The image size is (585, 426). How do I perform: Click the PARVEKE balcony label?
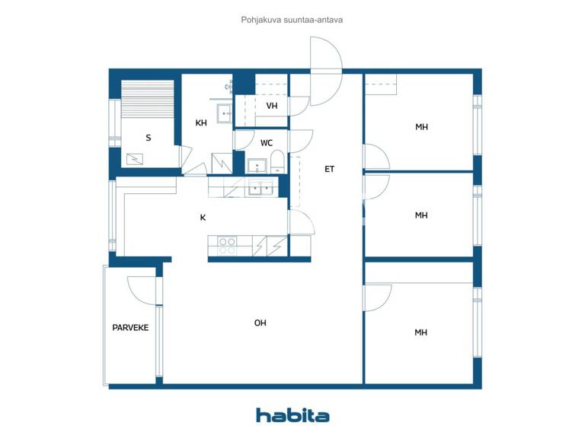pos(130,328)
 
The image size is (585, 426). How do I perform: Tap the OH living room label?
pos(260,323)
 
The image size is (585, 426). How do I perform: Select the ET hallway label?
pos(329,170)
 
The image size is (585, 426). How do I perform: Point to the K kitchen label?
pos(203,218)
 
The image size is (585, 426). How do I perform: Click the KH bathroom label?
pos(201,123)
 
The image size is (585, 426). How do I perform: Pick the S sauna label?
pos(148,138)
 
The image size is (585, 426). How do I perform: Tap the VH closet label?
pos(271,106)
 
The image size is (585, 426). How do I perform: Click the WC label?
pos(267,143)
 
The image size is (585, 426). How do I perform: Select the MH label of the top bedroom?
pos(421,127)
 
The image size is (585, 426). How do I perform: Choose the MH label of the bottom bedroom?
pos(420,332)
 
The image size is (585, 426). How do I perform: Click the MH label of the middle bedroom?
pos(421,216)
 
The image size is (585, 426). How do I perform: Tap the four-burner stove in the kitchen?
pos(227,246)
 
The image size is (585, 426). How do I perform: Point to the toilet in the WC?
pos(277,162)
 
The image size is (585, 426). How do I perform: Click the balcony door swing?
pos(143,290)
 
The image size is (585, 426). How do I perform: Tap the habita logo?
pos(292,415)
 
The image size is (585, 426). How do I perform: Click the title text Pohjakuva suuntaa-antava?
pos(292,20)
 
